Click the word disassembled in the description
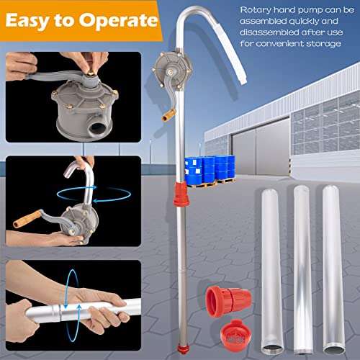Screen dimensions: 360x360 tap(266, 33)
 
